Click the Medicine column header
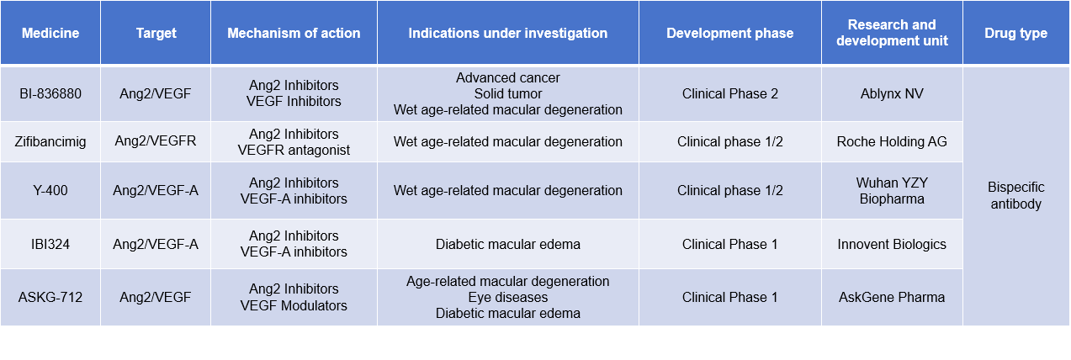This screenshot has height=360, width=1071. [x=50, y=34]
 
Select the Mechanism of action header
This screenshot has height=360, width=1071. [x=294, y=34]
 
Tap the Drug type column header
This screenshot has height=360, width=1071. [x=1015, y=34]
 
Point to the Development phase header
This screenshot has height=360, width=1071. [x=729, y=34]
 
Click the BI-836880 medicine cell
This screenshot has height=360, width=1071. [x=50, y=93]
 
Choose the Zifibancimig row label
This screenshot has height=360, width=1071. [x=50, y=141]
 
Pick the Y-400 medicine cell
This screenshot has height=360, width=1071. [x=50, y=190]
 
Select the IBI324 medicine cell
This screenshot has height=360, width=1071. [x=50, y=244]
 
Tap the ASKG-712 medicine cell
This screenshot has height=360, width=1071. [x=50, y=297]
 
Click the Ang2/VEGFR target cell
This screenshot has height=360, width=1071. [x=156, y=141]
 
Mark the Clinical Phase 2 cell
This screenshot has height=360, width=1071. [x=729, y=93]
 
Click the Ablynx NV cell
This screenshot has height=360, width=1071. [x=892, y=93]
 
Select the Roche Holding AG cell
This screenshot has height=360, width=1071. [x=892, y=141]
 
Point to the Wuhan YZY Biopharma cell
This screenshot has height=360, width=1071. [x=892, y=190]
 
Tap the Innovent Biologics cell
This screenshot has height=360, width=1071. [x=892, y=244]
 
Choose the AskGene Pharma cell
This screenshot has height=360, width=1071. [x=892, y=297]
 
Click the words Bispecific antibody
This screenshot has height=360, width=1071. [x=1015, y=195]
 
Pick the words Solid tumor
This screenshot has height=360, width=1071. [x=507, y=93]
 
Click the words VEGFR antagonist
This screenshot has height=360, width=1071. [x=294, y=150]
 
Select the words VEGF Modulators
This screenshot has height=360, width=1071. [x=294, y=305]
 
